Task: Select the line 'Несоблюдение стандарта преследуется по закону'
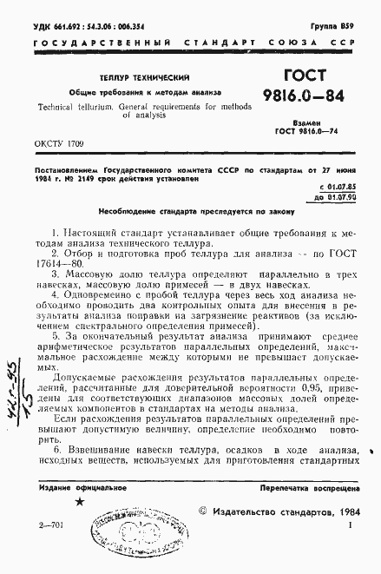tap(191, 211)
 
